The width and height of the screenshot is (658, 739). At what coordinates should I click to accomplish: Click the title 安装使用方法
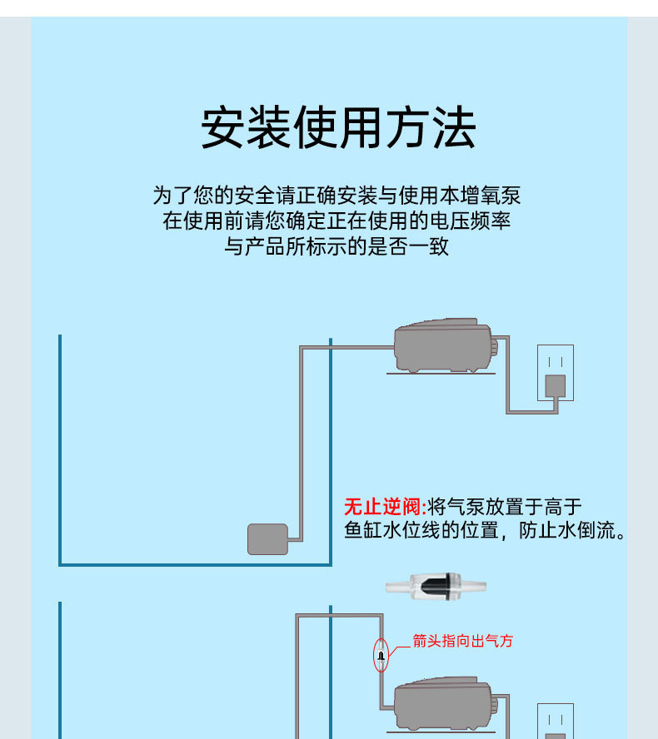coord(337,128)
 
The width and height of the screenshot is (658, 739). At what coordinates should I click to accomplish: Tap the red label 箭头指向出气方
coord(463,641)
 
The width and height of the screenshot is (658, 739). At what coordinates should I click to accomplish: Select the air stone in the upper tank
coord(267,539)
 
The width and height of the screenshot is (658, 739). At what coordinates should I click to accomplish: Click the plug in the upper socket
coord(555,385)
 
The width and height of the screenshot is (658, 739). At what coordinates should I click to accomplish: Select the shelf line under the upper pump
coord(441,373)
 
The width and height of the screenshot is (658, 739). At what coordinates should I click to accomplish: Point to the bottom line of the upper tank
coord(195,565)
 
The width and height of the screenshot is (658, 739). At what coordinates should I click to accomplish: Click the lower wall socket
coord(555,721)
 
